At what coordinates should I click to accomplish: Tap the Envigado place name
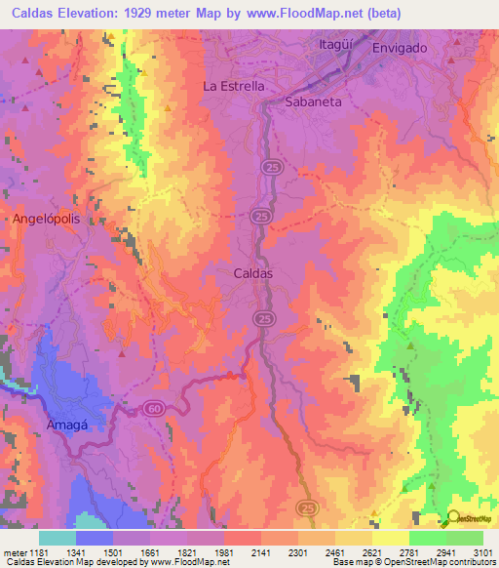pos(400,48)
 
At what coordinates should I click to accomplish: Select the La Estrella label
pos(233,86)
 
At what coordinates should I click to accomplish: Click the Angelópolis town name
pos(44,220)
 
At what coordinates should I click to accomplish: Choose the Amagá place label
pos(68,426)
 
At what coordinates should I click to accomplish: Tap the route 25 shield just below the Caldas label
pos(262,318)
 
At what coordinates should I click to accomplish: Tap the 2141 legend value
pos(261,553)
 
